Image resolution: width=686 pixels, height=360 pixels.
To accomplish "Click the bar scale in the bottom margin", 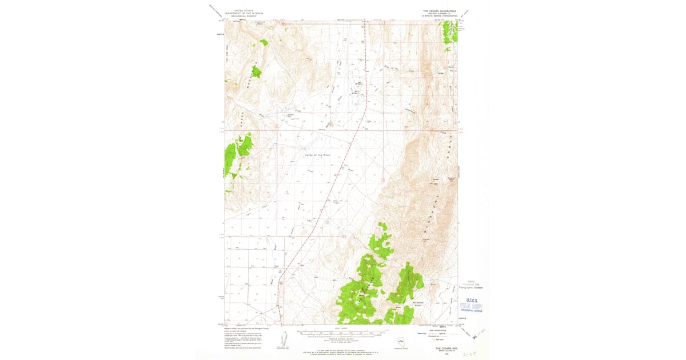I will click(x=341, y=331).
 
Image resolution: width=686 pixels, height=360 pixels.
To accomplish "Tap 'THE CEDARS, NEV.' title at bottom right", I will click(x=447, y=347).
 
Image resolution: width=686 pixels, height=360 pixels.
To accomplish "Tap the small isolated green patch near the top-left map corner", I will click(x=264, y=42).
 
